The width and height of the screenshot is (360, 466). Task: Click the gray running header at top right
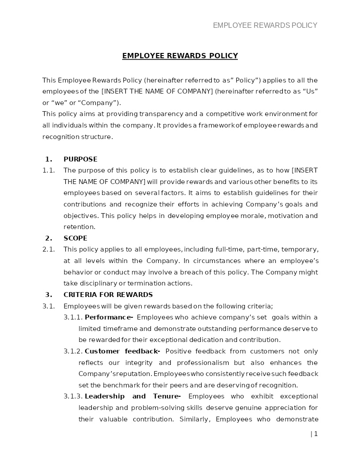point(265,25)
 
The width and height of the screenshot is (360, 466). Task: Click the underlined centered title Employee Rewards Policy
point(180,56)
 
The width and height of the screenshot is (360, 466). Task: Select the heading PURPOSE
point(80,159)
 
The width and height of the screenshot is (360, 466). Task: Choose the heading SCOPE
point(75,238)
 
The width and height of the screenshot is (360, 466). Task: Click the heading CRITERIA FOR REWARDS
point(108,295)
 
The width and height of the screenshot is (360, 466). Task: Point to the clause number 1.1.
point(48,170)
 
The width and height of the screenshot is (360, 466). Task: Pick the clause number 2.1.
point(48,249)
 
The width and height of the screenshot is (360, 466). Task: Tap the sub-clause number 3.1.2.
point(73,351)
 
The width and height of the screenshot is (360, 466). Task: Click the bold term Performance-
point(109,317)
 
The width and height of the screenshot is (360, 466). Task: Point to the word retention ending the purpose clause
point(79,227)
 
